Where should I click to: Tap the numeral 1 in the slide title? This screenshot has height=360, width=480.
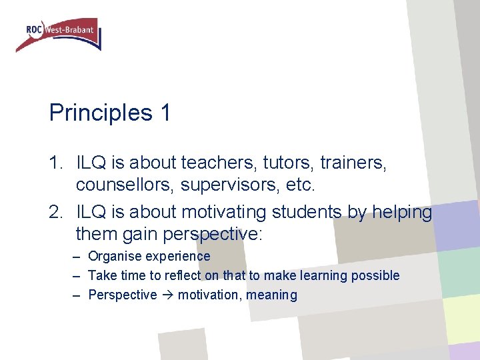tap(165, 113)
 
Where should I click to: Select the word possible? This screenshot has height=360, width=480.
tap(377, 275)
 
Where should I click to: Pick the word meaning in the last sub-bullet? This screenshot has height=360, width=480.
tap(272, 295)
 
